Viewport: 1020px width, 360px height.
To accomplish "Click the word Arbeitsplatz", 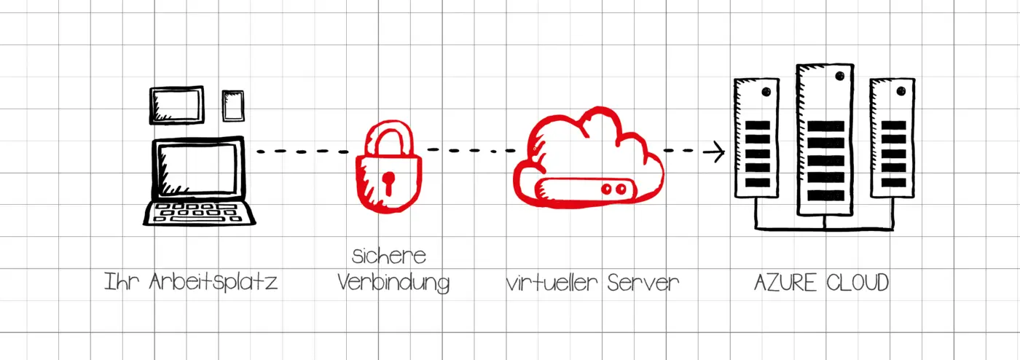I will tap(213, 282).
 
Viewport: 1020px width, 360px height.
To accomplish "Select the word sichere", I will tap(388, 257).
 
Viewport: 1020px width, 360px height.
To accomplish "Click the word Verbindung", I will tap(393, 282).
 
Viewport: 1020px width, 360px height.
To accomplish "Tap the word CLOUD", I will tap(855, 282).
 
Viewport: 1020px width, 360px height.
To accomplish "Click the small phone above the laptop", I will tap(233, 106).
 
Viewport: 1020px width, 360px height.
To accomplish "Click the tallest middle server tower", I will tap(825, 138).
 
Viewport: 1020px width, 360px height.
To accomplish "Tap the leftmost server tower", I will tap(757, 138).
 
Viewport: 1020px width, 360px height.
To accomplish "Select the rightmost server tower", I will tap(892, 138).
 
